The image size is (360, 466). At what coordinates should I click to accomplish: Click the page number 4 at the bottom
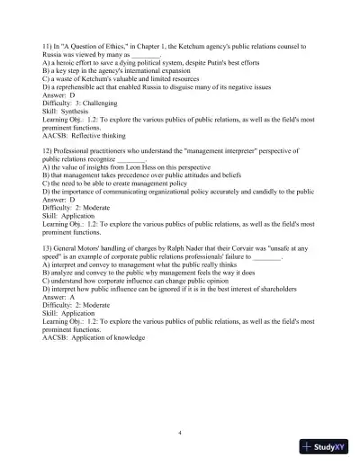180,434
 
